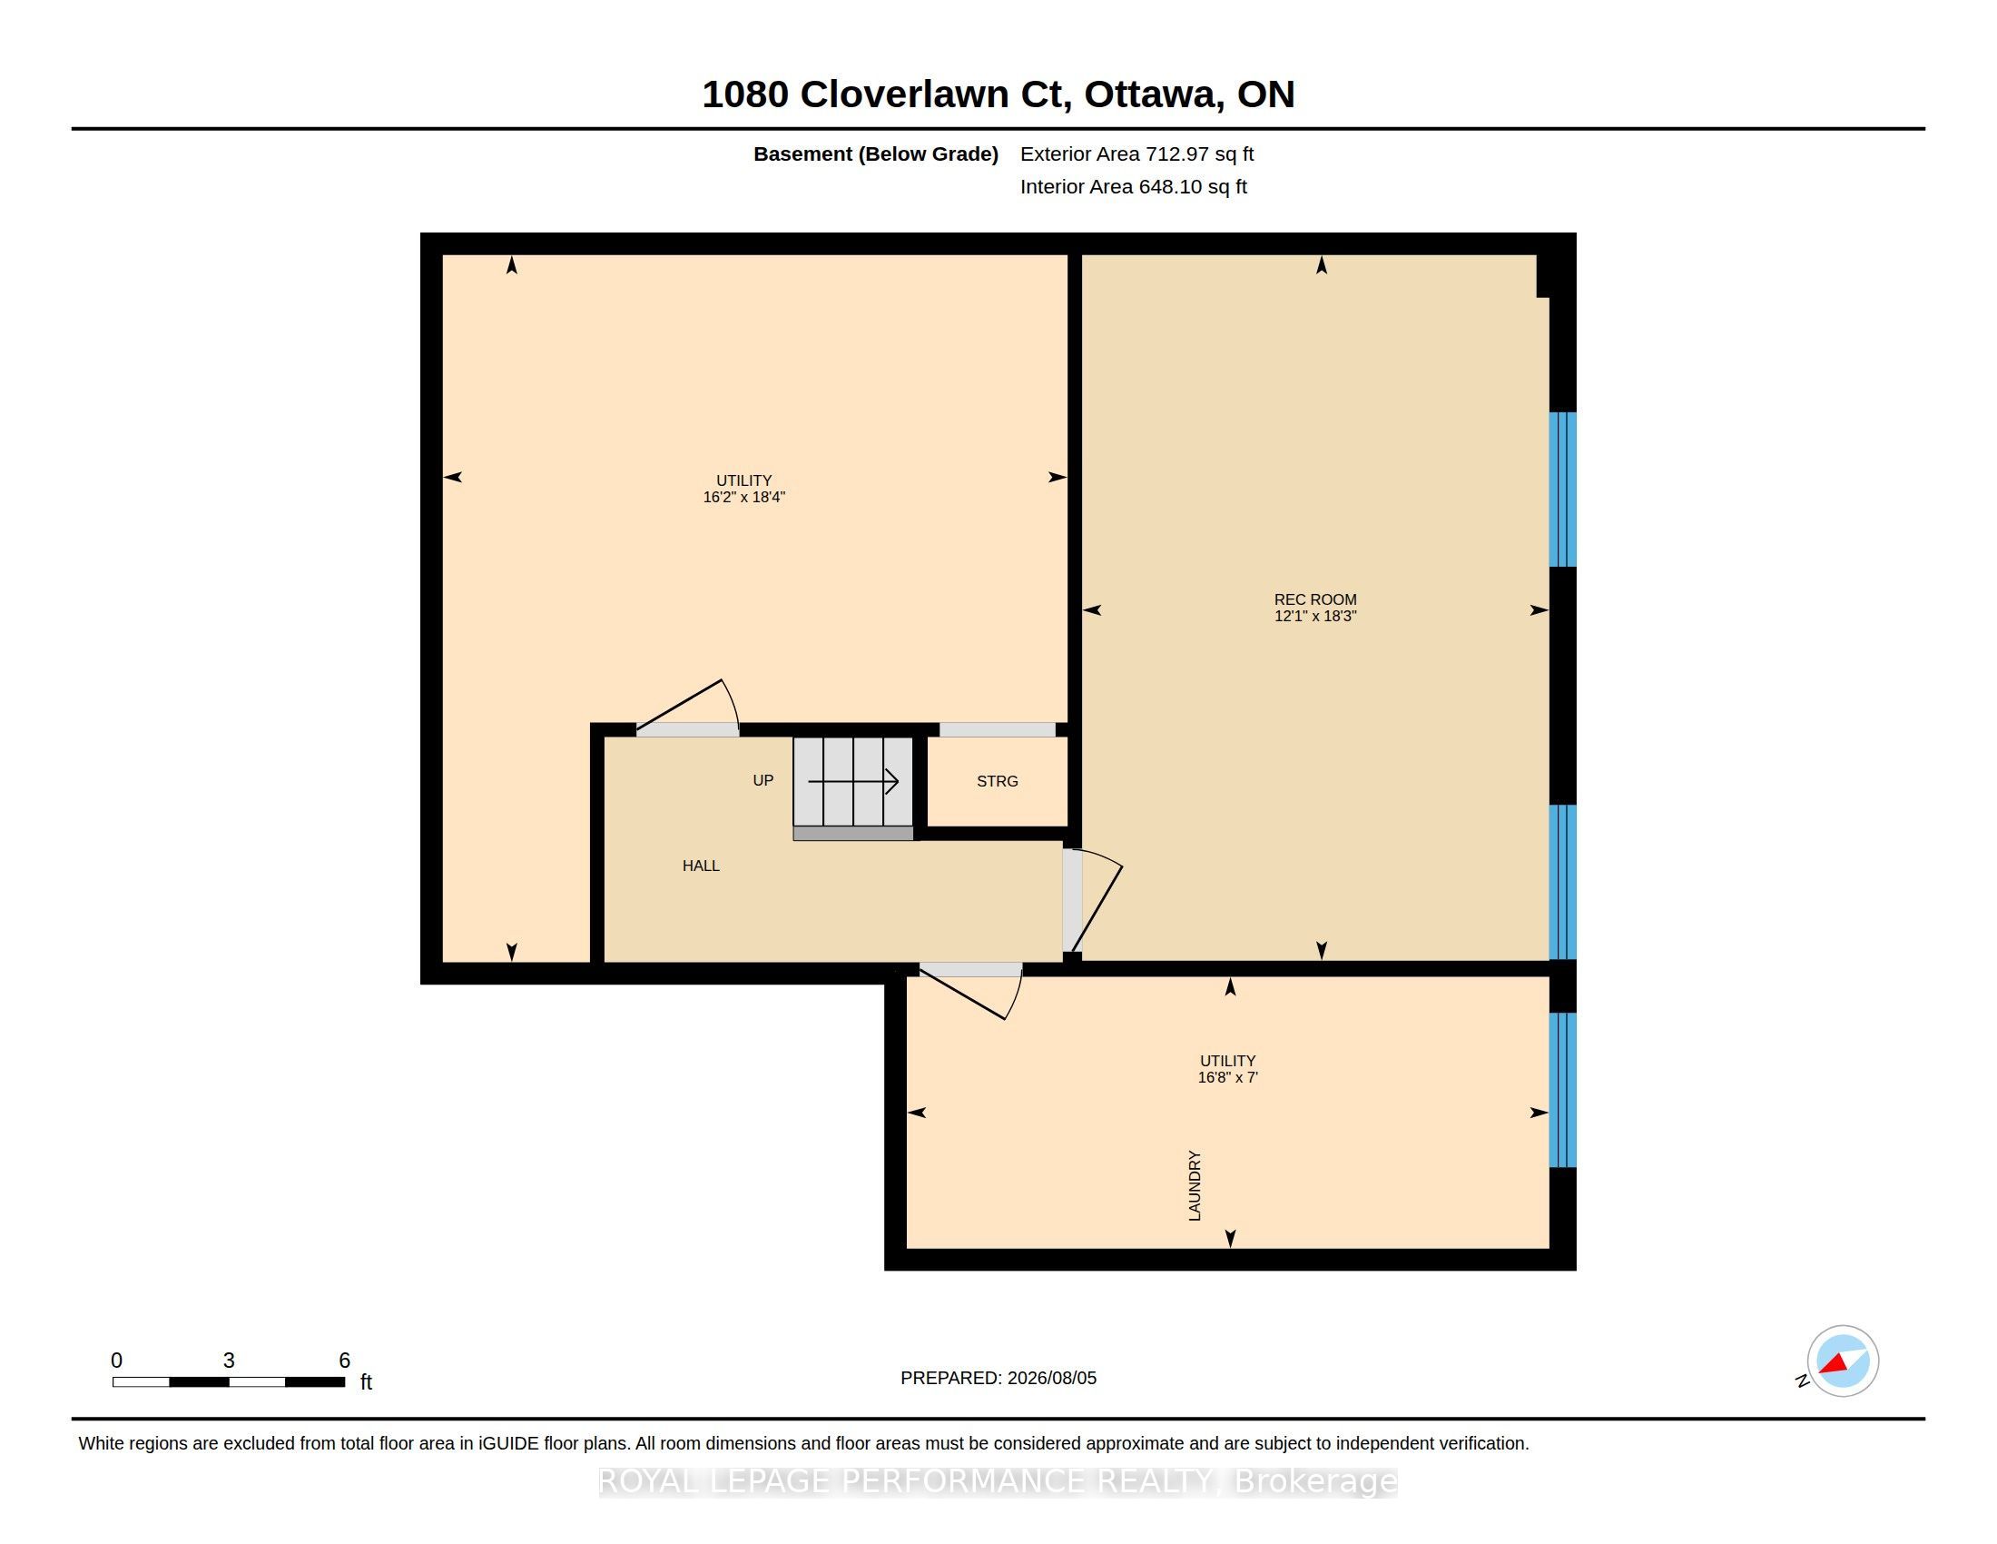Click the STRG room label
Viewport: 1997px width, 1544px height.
[997, 781]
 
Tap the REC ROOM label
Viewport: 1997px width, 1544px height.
[1315, 600]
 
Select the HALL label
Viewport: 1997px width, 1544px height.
[701, 866]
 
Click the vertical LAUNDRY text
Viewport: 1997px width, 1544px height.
[1195, 1185]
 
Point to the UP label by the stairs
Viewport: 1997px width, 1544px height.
[762, 780]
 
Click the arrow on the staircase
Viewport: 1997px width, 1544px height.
[853, 781]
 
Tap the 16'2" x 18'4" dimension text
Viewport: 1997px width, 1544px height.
[743, 498]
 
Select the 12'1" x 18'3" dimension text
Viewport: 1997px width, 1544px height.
[1315, 617]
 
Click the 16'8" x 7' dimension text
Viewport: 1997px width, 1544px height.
[1227, 1077]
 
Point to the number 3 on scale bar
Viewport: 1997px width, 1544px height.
[229, 1361]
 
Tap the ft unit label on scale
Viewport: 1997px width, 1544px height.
[366, 1382]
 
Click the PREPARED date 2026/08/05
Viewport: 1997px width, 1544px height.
[1051, 1378]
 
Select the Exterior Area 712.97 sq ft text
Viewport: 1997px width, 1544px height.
[1136, 153]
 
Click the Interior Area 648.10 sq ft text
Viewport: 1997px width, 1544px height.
[1133, 186]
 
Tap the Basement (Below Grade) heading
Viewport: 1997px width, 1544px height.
[875, 153]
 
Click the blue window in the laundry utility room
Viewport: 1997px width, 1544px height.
[1563, 1089]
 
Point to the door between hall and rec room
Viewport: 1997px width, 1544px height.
[1092, 901]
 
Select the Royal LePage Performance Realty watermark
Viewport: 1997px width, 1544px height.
[998, 1481]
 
